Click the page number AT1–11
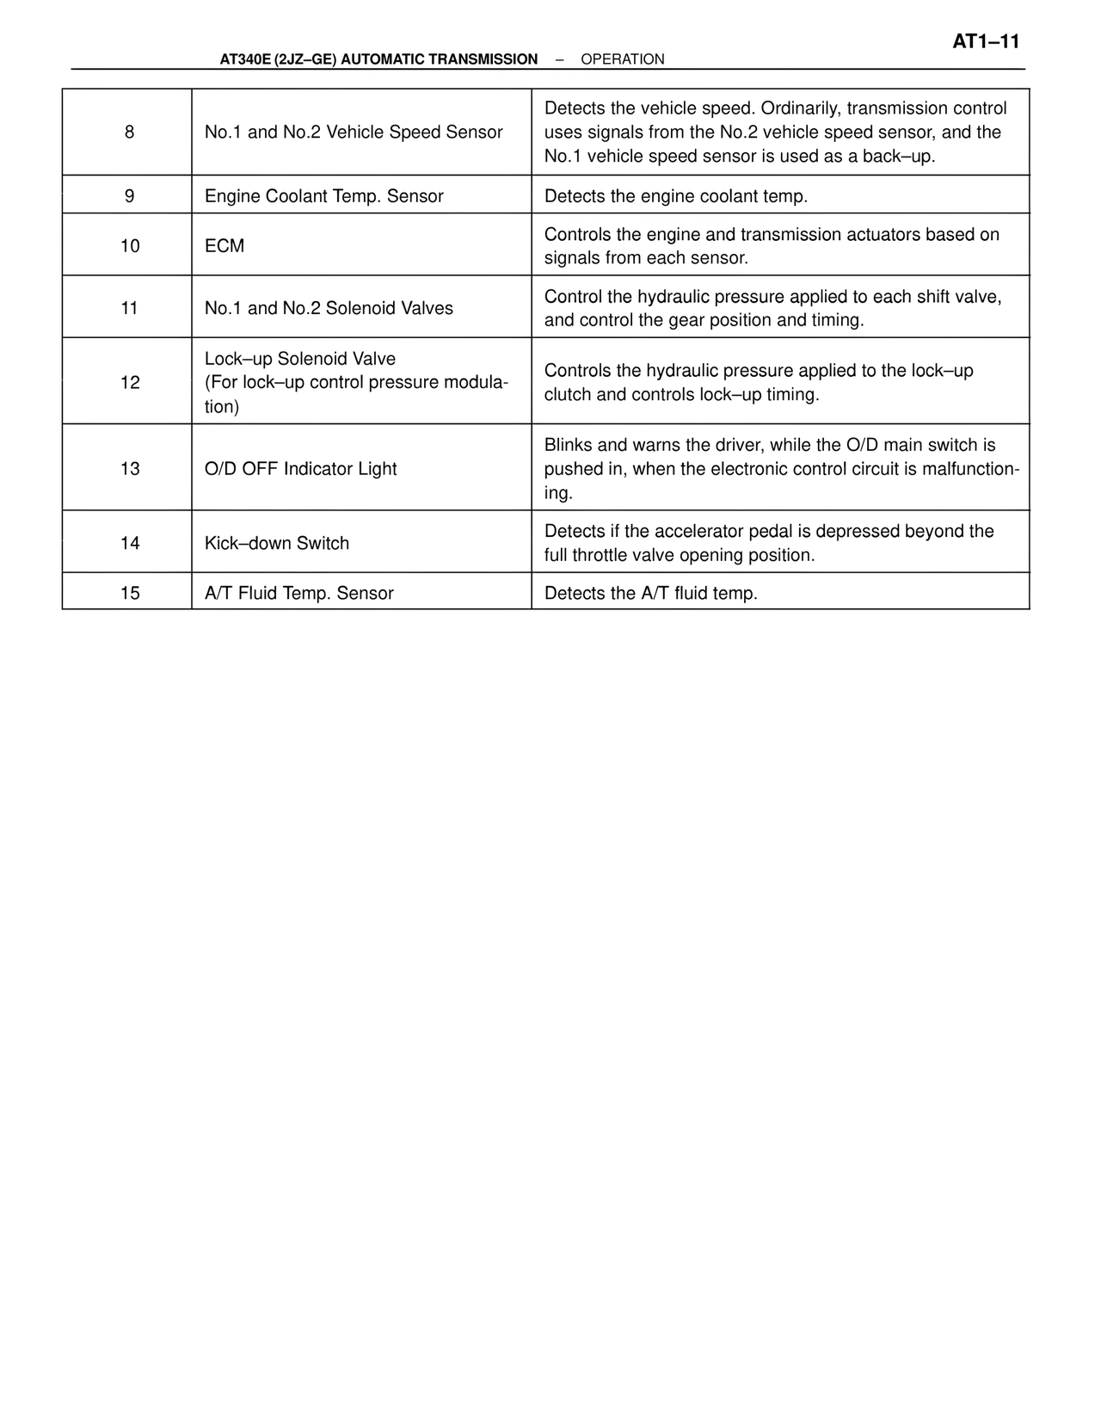[x=985, y=41]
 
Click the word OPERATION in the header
[x=622, y=59]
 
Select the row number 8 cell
[x=129, y=133]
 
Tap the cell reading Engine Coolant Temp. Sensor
[x=323, y=196]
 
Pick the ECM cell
[x=225, y=246]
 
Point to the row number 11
[x=129, y=308]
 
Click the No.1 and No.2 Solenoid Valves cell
[x=329, y=308]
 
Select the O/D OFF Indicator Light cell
[x=300, y=469]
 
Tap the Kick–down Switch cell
[x=276, y=543]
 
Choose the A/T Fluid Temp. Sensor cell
[x=298, y=593]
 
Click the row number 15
[x=129, y=593]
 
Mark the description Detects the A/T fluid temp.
[x=650, y=593]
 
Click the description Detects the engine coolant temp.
[x=675, y=196]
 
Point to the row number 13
[x=129, y=469]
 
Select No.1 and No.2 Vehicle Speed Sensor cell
[x=354, y=133]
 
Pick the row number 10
[x=129, y=246]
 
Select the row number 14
[x=129, y=543]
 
